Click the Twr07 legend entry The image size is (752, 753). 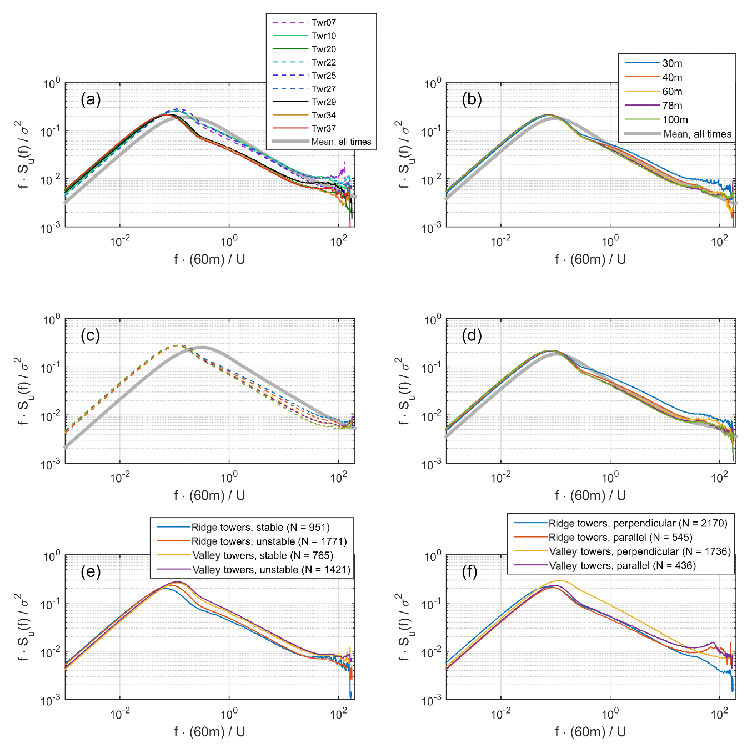[323, 23]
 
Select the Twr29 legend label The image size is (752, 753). [323, 102]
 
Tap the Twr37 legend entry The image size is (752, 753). [323, 129]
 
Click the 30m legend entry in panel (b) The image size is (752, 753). [672, 63]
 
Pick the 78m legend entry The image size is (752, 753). [672, 106]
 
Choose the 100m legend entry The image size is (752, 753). [675, 120]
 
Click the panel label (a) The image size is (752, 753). [91, 99]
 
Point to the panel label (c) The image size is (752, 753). [91, 335]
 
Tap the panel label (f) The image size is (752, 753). [470, 571]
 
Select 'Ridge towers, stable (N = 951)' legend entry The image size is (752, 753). [260, 528]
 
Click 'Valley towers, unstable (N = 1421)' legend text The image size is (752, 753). [271, 570]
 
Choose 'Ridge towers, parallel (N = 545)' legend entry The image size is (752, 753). [620, 538]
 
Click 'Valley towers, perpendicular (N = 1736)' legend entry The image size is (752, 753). [639, 551]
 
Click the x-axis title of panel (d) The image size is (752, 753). [590, 495]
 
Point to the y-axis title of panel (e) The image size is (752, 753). [22, 627]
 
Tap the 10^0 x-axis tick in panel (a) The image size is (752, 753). [229, 241]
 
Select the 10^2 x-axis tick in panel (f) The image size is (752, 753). [719, 714]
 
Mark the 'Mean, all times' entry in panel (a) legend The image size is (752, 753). [341, 142]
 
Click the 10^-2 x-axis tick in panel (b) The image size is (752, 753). [500, 242]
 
